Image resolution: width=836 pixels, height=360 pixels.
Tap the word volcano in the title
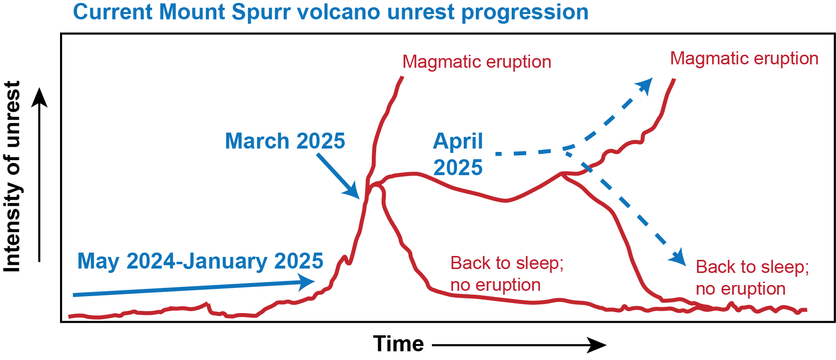(337, 12)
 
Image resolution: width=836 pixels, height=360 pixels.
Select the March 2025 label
(285, 141)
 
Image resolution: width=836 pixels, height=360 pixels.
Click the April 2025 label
(458, 154)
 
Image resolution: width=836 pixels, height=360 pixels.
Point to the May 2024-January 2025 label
(200, 261)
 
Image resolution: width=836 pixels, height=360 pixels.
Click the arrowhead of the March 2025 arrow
(352, 191)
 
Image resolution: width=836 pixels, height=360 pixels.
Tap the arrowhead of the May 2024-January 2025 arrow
(306, 282)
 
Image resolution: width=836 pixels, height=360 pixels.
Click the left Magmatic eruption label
(477, 62)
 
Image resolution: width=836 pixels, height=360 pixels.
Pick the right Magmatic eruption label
(745, 59)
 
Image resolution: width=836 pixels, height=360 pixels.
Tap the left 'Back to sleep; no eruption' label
(507, 274)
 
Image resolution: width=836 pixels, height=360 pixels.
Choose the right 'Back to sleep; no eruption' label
(752, 278)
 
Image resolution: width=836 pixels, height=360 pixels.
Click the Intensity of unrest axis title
(13, 176)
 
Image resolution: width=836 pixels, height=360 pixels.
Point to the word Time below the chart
(398, 344)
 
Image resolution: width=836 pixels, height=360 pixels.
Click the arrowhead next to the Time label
(597, 345)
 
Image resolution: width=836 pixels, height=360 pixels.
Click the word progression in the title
(525, 13)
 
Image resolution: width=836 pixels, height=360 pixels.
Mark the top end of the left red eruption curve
(402, 77)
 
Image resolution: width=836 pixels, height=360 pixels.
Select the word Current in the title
(112, 12)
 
